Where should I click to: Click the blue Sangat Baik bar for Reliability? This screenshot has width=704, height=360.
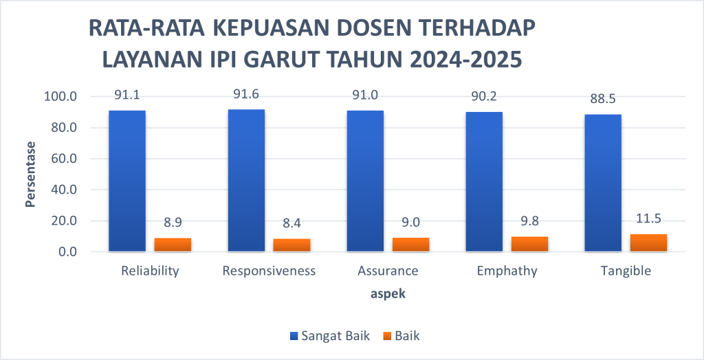(x=127, y=181)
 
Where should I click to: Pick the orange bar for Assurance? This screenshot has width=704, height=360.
(x=410, y=245)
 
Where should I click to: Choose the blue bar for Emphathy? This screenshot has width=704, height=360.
(x=484, y=181)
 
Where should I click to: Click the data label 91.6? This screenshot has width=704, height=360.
(x=246, y=95)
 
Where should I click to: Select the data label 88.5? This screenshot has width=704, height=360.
(x=603, y=99)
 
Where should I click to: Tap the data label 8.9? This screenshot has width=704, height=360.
(x=173, y=223)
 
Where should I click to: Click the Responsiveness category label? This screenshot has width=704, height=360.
(x=269, y=271)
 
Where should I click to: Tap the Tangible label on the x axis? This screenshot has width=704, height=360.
(x=625, y=271)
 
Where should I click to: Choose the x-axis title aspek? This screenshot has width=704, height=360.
(x=388, y=294)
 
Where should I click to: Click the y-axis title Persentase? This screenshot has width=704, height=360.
(x=30, y=174)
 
